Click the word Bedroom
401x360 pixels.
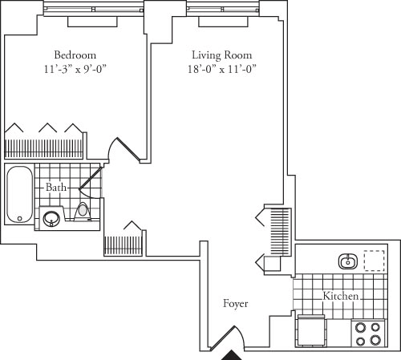pos(76,55)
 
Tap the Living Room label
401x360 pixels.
pos(222,55)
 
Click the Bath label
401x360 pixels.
pos(56,187)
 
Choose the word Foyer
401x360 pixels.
pos(236,304)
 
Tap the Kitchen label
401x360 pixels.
pos(341,297)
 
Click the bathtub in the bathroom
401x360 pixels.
pos(18,195)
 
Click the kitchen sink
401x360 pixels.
pos(348,261)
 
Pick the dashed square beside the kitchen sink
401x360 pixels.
pos(375,261)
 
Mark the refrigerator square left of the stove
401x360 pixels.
pos(311,330)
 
